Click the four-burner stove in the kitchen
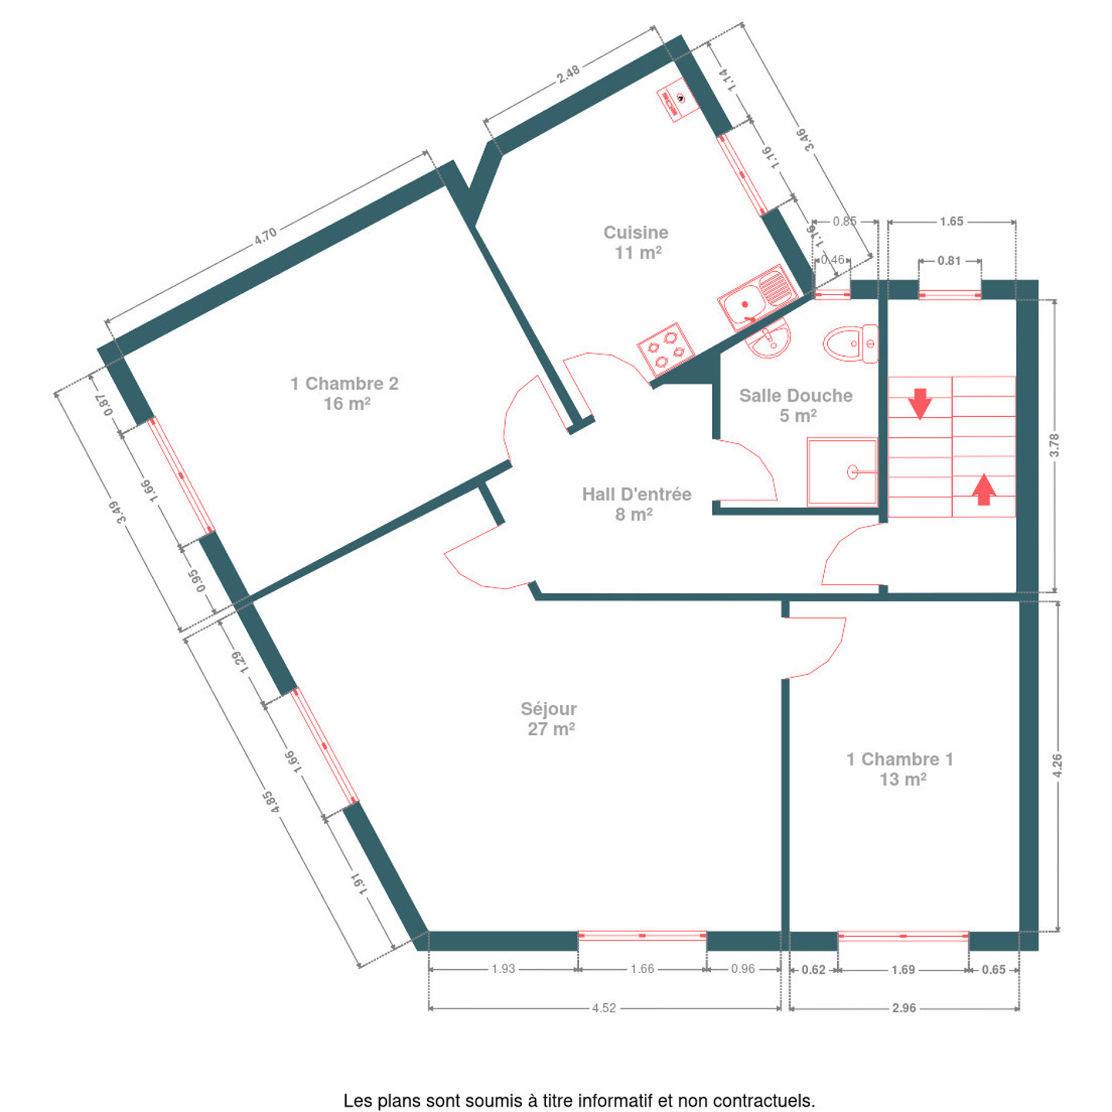coord(666,350)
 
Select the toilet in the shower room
coord(850,344)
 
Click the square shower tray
coord(842,472)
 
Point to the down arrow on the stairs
coord(920,403)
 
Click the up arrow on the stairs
coord(984,490)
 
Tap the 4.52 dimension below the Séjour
coord(604,1008)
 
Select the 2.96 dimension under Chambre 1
coord(903,1008)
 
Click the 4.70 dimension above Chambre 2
coord(266,236)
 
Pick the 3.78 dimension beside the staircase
coord(1054,445)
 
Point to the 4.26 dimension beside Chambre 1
coord(1056,765)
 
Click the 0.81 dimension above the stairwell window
coord(949,261)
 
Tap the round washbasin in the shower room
coord(768,337)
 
